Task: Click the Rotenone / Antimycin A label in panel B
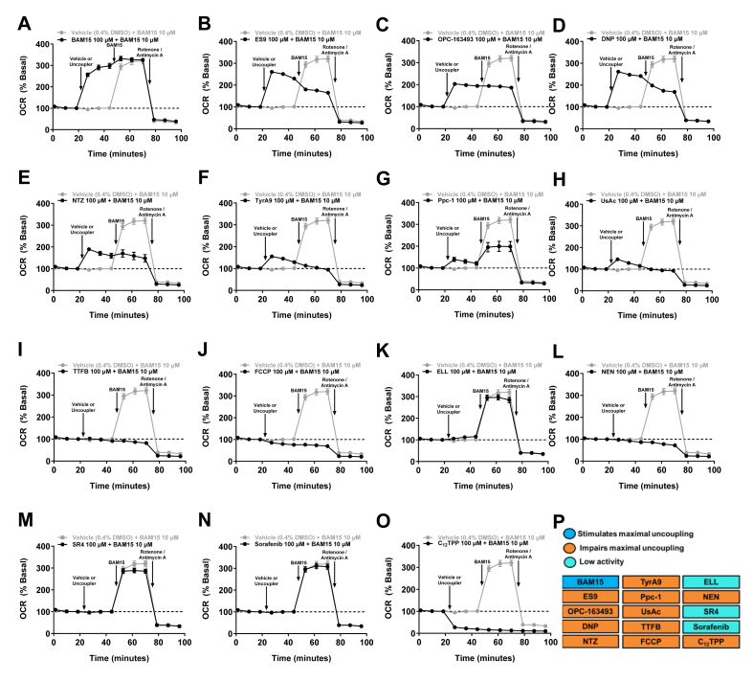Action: click(x=335, y=50)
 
